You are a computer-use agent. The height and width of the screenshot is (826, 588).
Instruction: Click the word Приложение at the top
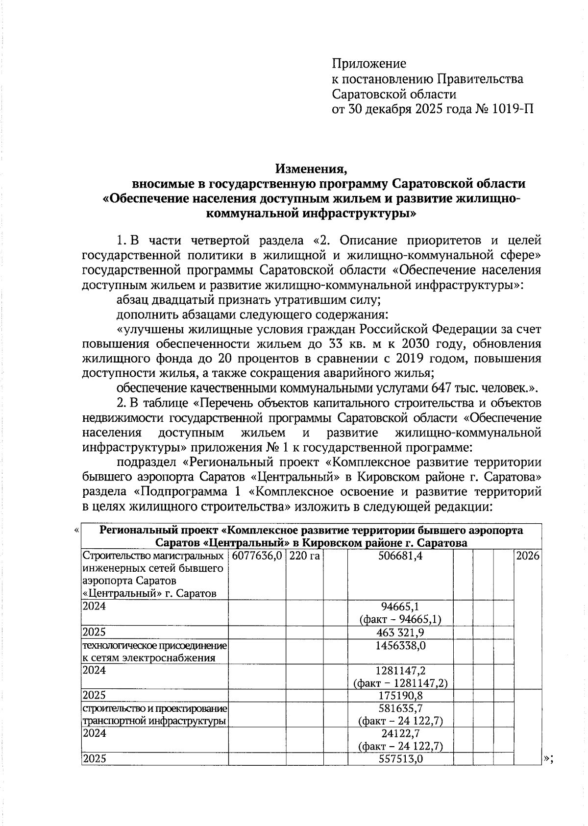click(x=369, y=64)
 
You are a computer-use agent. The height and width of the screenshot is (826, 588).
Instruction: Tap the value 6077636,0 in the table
click(x=257, y=556)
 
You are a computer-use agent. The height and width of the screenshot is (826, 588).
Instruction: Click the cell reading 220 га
click(x=304, y=556)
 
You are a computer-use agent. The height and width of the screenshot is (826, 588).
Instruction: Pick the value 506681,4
click(x=400, y=556)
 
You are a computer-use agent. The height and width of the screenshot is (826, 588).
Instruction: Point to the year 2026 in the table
click(x=527, y=556)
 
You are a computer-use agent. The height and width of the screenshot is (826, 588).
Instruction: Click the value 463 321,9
click(x=400, y=632)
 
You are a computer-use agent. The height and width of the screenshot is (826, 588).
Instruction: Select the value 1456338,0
click(x=400, y=646)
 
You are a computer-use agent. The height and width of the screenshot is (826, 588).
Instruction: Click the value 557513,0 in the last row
click(x=400, y=759)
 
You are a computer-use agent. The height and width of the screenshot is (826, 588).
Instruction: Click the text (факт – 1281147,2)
click(x=400, y=683)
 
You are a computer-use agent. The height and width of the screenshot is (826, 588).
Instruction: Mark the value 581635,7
click(x=400, y=708)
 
